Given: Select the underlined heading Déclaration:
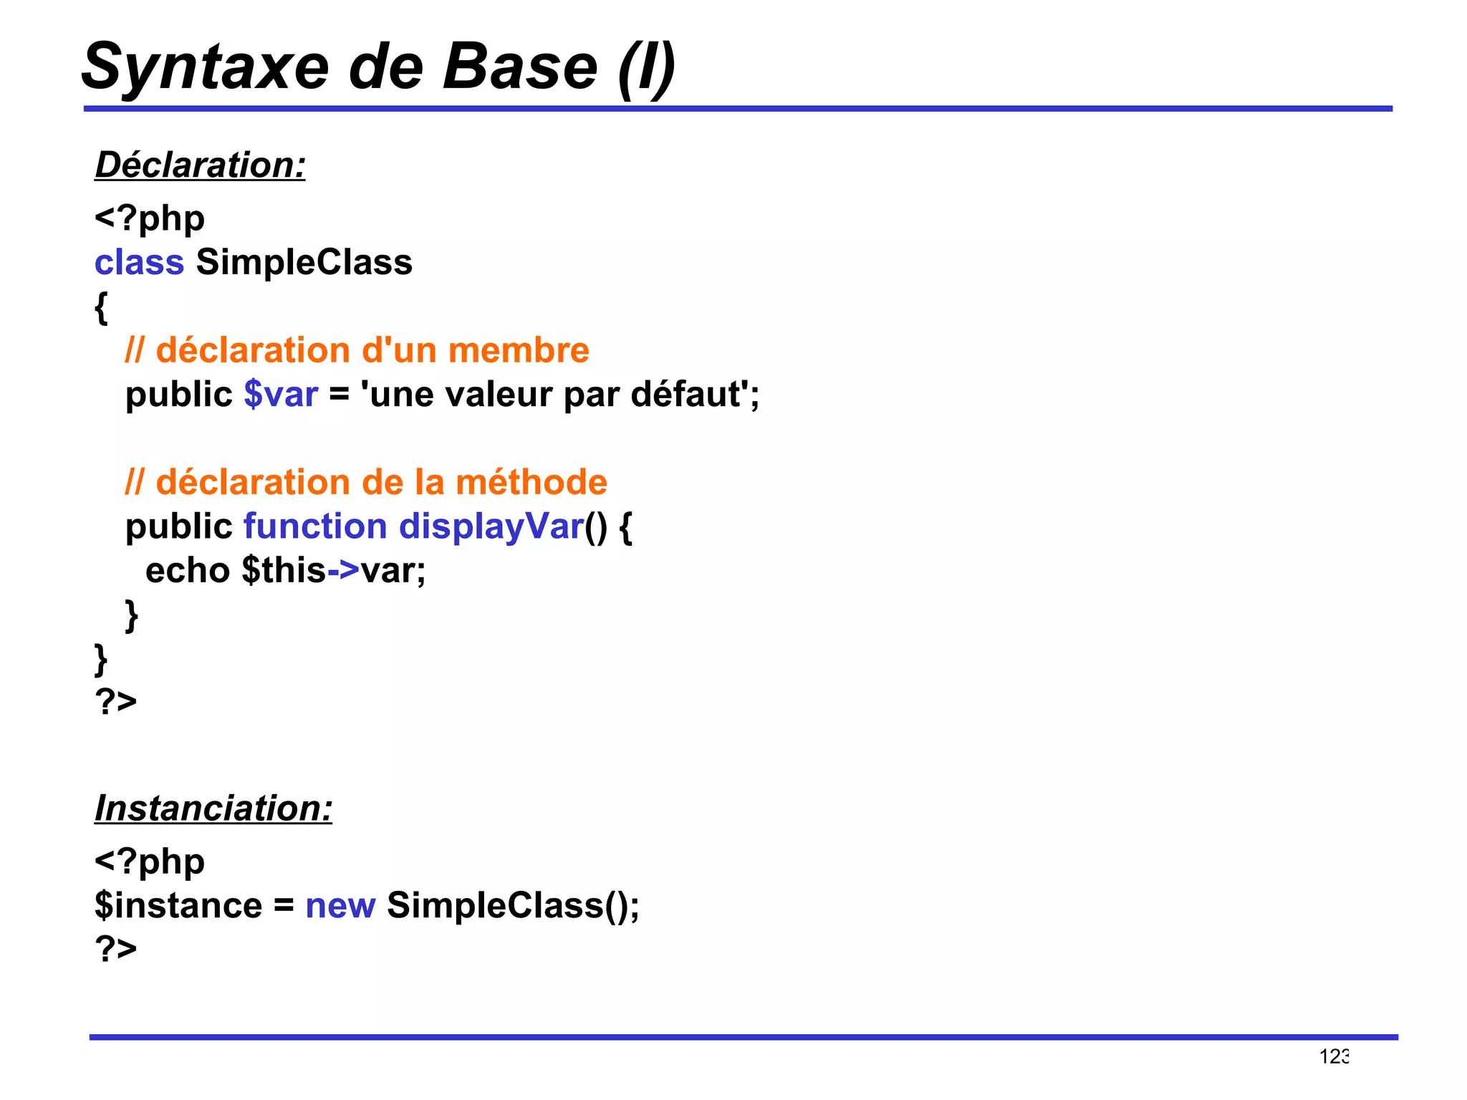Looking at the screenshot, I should [201, 165].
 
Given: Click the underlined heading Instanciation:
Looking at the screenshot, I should [213, 808].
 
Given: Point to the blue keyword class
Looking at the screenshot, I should [140, 262].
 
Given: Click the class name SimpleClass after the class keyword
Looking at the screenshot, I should [304, 262].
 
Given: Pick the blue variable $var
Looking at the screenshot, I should [281, 395].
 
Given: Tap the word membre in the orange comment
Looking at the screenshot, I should [519, 350].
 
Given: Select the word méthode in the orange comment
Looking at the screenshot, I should [532, 482].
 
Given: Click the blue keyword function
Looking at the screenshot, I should [315, 526].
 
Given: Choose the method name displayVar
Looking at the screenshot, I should [491, 526].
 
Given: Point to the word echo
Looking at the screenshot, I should [188, 571].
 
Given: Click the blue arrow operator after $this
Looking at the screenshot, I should [343, 571].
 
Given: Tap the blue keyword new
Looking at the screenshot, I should [340, 905].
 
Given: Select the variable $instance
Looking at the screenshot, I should [178, 905].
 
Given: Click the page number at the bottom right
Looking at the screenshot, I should [1334, 1056].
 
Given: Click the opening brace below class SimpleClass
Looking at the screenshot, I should [101, 308].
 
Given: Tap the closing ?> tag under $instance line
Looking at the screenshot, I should [115, 948].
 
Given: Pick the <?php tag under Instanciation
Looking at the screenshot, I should [150, 862].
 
